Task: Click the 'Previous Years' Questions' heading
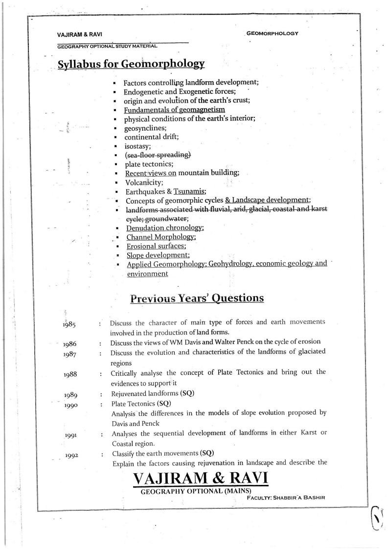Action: [197, 298]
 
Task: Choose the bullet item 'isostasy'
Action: [137, 146]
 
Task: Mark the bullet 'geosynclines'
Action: [146, 128]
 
